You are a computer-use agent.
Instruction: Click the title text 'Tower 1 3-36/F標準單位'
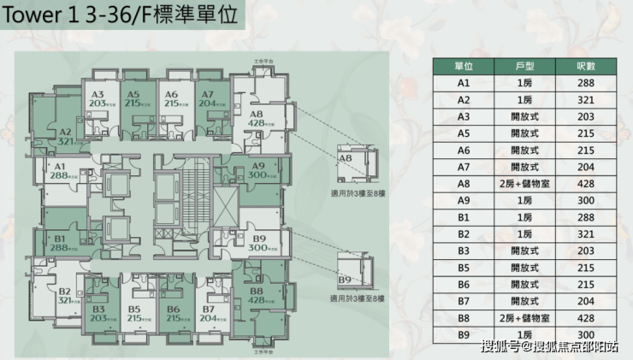120,18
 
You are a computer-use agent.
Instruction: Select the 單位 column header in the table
464,67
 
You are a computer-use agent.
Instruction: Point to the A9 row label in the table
464,201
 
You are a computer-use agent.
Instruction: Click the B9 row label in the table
464,334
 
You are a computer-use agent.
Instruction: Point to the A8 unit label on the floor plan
255,115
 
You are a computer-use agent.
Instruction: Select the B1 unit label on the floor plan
60,238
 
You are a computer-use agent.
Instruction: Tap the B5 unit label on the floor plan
133,309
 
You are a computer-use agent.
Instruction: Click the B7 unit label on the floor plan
208,309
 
